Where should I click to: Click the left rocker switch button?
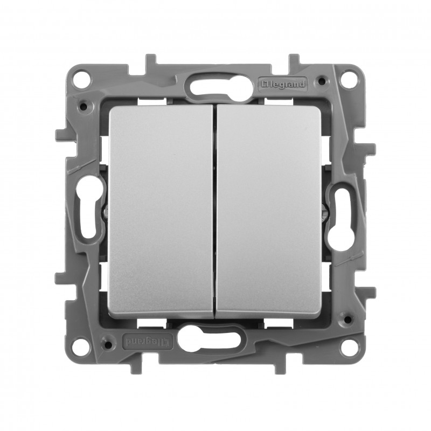(161, 211)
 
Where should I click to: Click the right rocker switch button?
(269, 211)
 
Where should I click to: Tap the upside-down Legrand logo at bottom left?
(148, 341)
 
